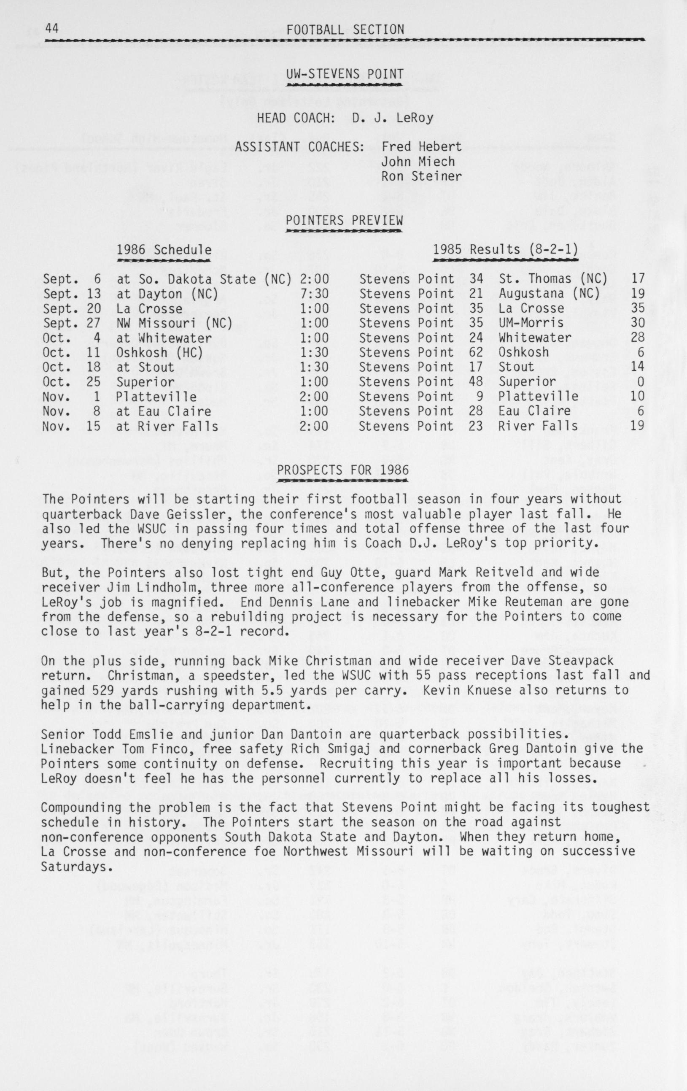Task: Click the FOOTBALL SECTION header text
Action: tap(345, 30)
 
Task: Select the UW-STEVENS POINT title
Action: tap(345, 74)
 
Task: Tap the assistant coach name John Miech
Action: tap(418, 162)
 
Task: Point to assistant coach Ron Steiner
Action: tap(421, 176)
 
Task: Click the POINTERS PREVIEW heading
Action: tap(344, 221)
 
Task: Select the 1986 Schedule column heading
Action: tap(164, 250)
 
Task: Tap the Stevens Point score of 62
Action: tap(476, 352)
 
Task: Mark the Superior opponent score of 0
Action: tap(640, 381)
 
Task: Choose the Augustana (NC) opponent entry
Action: tap(549, 294)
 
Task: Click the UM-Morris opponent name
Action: tap(531, 323)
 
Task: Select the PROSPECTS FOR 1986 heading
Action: tap(343, 470)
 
